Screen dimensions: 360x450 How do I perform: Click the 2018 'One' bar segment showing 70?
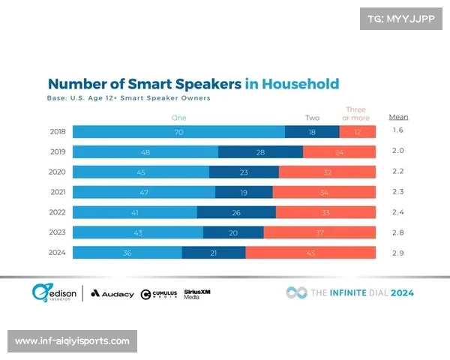point(178,131)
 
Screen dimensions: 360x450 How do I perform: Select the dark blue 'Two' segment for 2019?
point(260,151)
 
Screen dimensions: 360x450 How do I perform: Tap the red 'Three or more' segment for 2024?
point(310,253)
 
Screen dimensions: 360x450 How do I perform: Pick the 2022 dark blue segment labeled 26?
point(236,212)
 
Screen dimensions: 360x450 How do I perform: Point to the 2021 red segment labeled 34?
point(324,192)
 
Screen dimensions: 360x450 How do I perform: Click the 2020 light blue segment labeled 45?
point(141,172)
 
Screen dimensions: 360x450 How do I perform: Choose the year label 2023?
point(57,232)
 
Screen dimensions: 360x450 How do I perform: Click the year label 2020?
point(57,172)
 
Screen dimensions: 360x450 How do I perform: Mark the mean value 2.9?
point(397,253)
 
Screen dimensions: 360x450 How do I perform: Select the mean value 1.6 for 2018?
point(397,130)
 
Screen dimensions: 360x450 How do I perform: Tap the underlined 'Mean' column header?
point(398,117)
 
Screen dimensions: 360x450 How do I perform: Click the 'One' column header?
point(178,118)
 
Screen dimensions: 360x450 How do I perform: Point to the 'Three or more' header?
point(355,114)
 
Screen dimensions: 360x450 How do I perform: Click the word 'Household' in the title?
point(302,84)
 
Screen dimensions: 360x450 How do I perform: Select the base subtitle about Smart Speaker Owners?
point(129,98)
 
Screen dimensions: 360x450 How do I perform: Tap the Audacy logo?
point(112,293)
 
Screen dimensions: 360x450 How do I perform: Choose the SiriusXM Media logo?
point(196,293)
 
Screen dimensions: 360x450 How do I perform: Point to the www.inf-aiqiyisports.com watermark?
point(72,341)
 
